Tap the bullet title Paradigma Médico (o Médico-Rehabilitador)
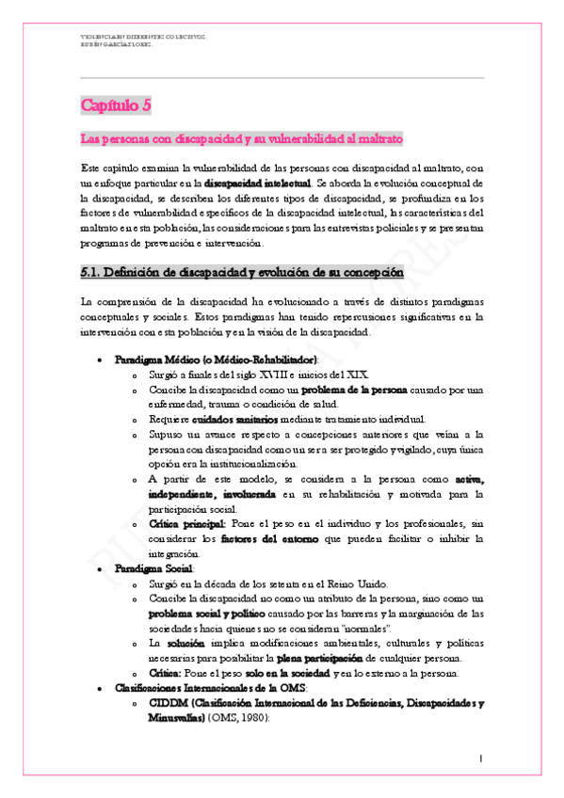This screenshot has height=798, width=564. point(216,359)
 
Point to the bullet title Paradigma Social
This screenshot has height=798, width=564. point(154,570)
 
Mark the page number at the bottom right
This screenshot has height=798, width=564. point(480,758)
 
